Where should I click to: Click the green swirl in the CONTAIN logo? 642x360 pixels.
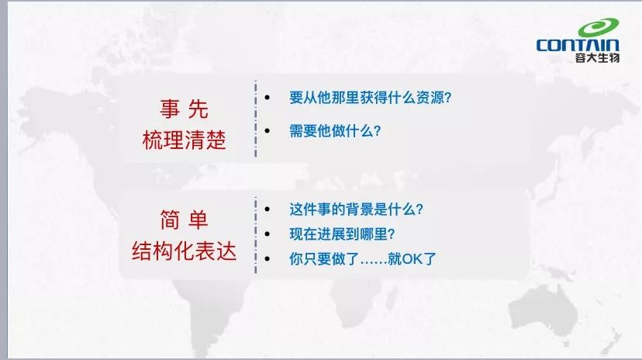pos(598,27)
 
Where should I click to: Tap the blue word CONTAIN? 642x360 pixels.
pos(578,45)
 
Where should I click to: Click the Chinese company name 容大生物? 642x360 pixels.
pos(597,57)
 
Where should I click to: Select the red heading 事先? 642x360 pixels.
pos(185,109)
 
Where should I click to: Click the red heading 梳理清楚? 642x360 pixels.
pos(185,140)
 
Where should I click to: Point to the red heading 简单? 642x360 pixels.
pos(185,220)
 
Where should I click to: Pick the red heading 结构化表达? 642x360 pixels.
pos(185,251)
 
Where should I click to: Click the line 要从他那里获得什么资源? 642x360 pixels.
pos(370,98)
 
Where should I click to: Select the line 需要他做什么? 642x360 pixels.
pos(335,131)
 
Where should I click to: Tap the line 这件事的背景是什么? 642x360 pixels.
pos(356,209)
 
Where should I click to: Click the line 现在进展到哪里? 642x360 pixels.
pos(342,234)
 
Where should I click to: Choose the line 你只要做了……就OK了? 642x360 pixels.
pos(363,259)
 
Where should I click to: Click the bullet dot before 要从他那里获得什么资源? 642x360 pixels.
pos(267,98)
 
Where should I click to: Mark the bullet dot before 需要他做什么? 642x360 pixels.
pos(267,131)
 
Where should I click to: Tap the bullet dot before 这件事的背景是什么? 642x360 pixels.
pos(267,209)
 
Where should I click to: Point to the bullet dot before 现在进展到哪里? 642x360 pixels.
pos(267,234)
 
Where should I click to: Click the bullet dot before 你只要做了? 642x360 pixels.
pos(267,259)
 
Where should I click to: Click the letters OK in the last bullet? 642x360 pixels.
pos(412,259)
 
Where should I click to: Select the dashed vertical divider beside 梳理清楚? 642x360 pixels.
pos(256,119)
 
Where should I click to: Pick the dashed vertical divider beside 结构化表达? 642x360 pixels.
pos(256,235)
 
